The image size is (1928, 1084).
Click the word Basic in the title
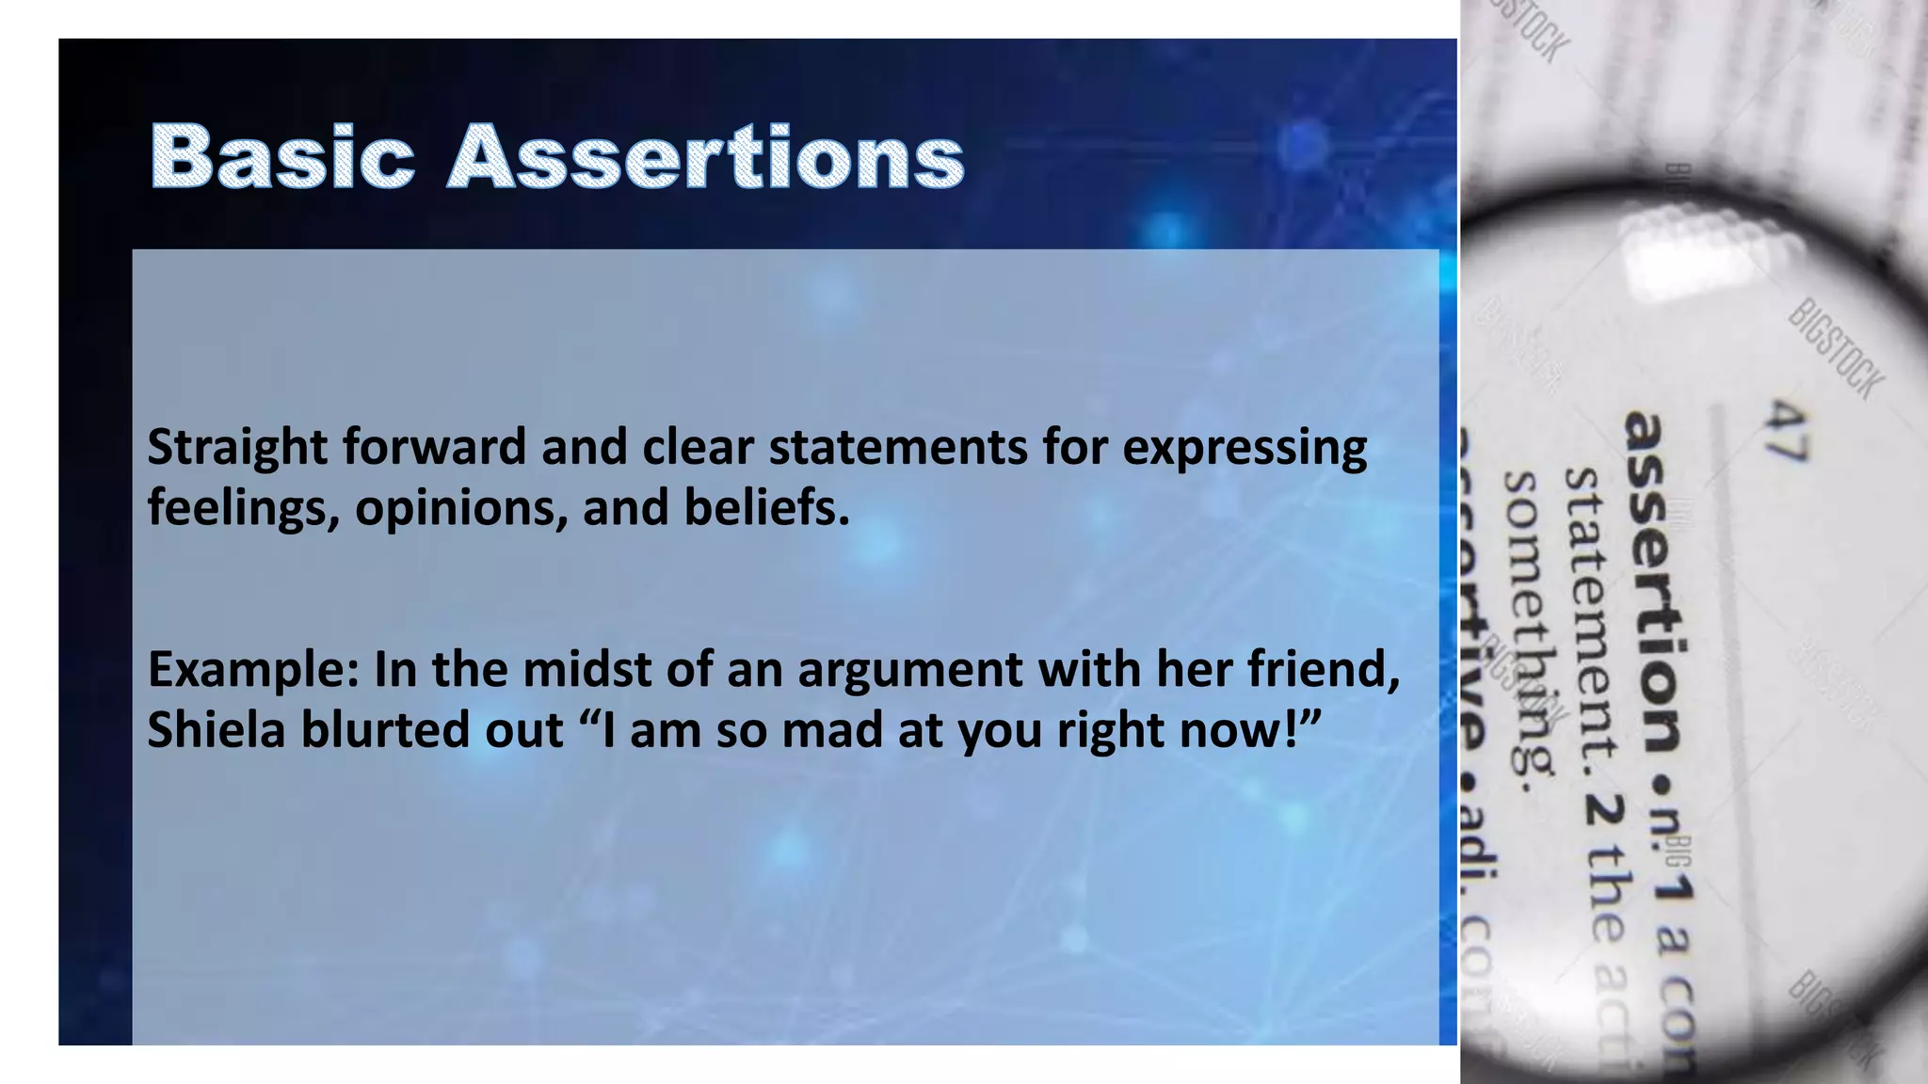[x=281, y=156]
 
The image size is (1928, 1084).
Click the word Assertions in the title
[x=706, y=156]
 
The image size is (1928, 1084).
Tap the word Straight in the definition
[x=237, y=448]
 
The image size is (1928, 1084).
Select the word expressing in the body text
[x=1244, y=448]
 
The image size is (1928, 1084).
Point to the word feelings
[x=243, y=509]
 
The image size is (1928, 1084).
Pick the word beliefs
[x=766, y=507]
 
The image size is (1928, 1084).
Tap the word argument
[x=909, y=671]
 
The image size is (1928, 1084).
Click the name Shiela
[x=216, y=729]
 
